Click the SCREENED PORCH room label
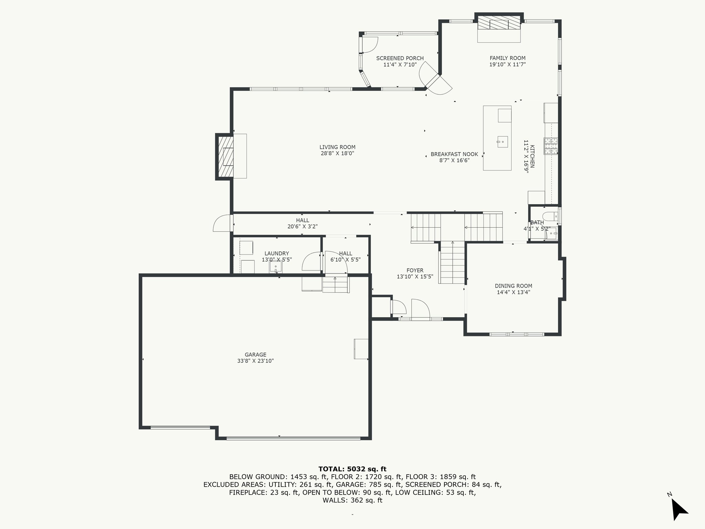tap(400, 58)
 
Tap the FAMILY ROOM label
tap(507, 58)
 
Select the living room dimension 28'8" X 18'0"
tap(337, 153)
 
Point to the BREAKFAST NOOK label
tap(454, 154)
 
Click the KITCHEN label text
tap(532, 156)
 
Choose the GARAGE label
tap(255, 355)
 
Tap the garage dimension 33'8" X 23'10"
tap(255, 361)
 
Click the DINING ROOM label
tap(513, 286)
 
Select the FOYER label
tap(415, 270)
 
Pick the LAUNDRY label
tap(277, 253)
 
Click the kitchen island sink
tap(502, 142)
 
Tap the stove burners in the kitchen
tap(551, 146)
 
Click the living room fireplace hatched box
tap(224, 157)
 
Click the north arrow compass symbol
tap(679, 509)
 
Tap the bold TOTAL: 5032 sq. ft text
tap(352, 469)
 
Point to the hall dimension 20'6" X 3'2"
tap(302, 227)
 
